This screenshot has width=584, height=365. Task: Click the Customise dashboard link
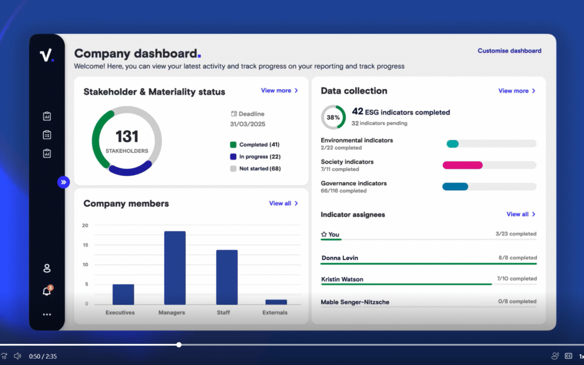coord(509,51)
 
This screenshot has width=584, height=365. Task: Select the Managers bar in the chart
coord(175,268)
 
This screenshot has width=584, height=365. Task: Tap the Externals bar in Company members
coord(276,302)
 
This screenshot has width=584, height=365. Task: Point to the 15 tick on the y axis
coord(85,245)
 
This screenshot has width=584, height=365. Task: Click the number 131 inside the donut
coord(127,136)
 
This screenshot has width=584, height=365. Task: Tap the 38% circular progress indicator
coord(333,117)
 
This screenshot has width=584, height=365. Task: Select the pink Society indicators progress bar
coord(462,165)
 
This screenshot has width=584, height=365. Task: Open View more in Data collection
coord(516,91)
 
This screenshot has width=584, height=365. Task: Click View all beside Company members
coord(283,203)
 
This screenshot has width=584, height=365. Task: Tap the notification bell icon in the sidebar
coord(47,291)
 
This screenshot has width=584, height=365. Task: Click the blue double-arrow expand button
coord(64,182)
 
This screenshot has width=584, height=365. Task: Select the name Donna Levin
coord(340,258)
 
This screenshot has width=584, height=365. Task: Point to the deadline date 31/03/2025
coord(247,124)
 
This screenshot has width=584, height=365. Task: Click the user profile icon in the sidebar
coord(47,268)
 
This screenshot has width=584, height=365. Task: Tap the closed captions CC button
coord(568,356)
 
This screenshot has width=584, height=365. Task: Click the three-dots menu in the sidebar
coord(47,314)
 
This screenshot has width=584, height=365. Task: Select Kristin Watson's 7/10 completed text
coord(516,279)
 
